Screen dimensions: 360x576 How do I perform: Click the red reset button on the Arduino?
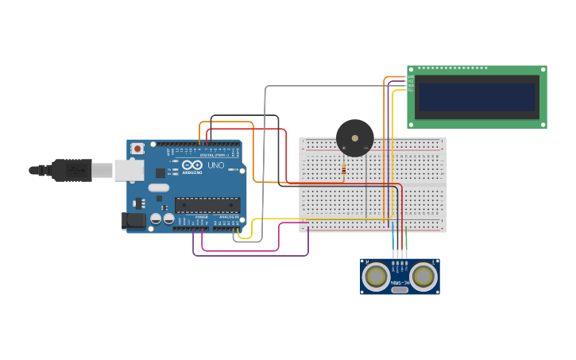[x=137, y=148]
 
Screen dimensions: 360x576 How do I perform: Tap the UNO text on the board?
[x=215, y=165]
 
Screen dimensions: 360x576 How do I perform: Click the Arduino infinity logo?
[x=192, y=165]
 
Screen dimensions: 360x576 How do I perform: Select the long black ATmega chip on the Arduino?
[x=207, y=204]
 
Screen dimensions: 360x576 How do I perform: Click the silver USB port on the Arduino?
[x=129, y=170]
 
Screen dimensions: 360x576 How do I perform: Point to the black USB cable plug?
[x=72, y=170]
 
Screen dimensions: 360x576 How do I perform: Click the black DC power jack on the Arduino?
[x=133, y=221]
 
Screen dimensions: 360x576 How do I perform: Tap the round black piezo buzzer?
[x=354, y=138]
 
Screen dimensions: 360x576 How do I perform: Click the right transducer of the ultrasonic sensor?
[x=423, y=276]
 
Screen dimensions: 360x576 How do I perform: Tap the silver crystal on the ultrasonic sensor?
[x=400, y=289]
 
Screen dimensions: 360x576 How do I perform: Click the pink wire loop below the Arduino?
[x=238, y=250]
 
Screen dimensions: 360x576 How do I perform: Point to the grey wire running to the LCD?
[x=334, y=86]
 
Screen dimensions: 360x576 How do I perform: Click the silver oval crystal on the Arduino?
[x=159, y=188]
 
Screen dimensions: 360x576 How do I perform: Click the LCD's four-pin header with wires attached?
[x=410, y=83]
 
